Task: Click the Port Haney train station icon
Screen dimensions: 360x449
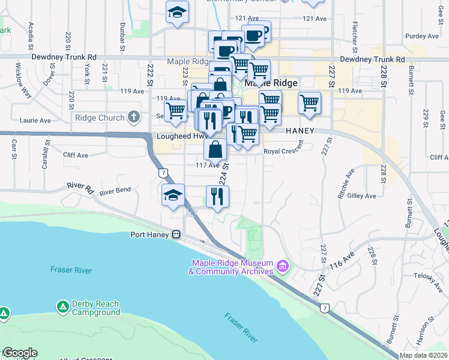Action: point(176,234)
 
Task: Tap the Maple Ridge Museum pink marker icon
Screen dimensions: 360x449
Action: point(283,265)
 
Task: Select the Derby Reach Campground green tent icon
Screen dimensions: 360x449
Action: point(62,307)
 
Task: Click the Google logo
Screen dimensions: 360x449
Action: point(20,353)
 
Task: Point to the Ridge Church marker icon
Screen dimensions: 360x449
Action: point(133,118)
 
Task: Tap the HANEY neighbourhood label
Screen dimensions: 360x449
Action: point(301,130)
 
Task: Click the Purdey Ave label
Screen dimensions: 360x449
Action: point(422,37)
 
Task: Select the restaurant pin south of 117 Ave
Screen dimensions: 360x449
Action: point(217,196)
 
